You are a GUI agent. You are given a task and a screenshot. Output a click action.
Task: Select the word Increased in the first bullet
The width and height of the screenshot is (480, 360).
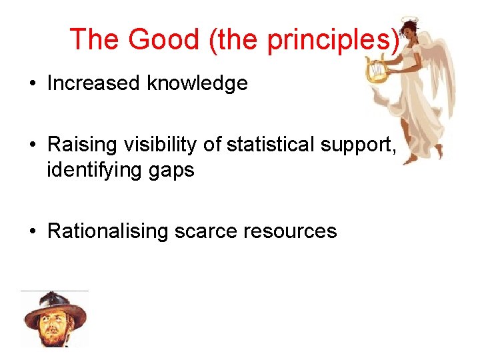click(x=94, y=83)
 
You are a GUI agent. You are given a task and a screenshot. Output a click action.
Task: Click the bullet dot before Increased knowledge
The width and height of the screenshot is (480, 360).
click(x=32, y=84)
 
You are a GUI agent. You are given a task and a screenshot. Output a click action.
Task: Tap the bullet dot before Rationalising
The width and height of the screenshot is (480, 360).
click(x=32, y=232)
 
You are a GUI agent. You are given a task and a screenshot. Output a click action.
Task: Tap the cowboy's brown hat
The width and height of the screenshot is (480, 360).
click(x=54, y=307)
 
